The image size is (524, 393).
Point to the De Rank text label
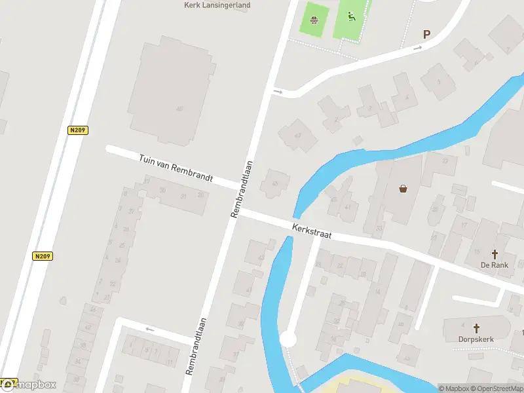click(x=495, y=265)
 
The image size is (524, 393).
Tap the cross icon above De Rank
click(x=495, y=254)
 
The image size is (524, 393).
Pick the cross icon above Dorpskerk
click(x=477, y=328)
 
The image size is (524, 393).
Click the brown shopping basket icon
click(x=403, y=189)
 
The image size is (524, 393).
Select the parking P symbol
click(x=427, y=35)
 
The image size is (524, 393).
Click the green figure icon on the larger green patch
click(x=351, y=16)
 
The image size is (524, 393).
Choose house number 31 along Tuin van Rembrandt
click(x=184, y=196)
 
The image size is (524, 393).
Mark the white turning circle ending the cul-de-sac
click(x=288, y=339)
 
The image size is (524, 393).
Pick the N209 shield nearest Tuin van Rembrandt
click(x=78, y=130)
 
